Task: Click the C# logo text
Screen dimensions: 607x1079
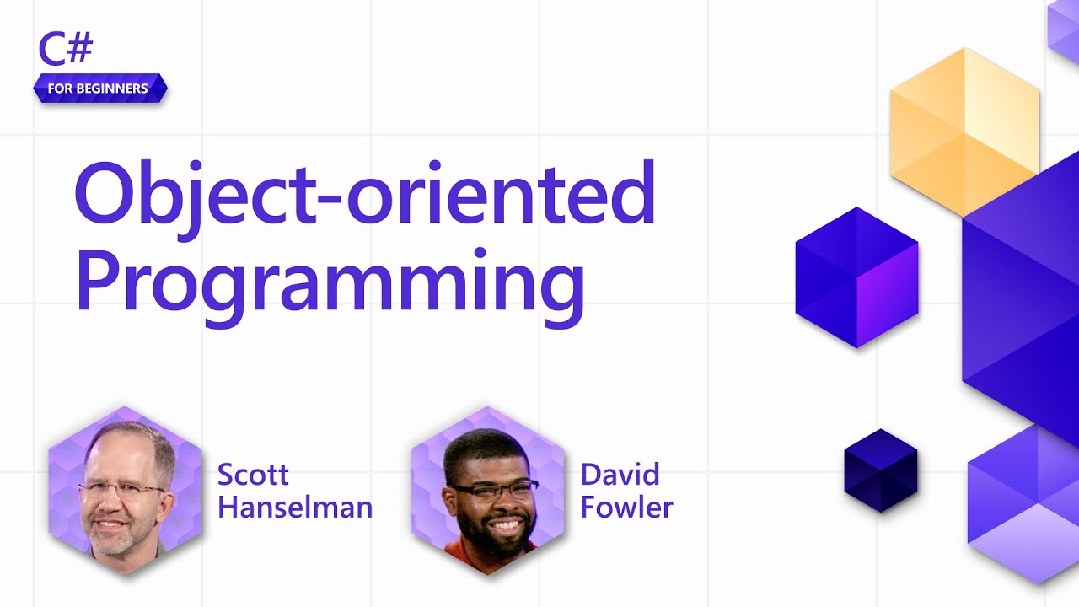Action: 65,50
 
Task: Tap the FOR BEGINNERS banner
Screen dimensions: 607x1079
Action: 99,89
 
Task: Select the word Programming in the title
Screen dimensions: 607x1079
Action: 330,277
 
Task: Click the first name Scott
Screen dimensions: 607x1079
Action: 253,475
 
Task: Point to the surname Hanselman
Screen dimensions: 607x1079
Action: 294,508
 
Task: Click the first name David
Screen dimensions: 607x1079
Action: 620,475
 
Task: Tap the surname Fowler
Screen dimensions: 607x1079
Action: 626,508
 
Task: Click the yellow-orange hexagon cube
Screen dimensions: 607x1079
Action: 964,131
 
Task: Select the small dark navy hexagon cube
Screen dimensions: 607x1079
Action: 880,470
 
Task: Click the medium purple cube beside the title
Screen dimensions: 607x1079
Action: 856,277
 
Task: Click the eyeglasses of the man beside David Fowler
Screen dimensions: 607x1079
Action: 493,490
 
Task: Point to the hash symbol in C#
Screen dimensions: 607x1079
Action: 79,50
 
